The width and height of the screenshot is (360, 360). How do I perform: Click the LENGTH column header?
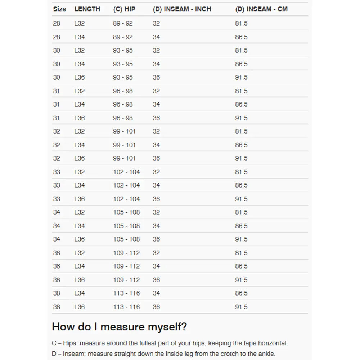pyautogui.click(x=87, y=9)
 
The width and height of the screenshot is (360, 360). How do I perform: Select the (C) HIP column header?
pyautogui.click(x=124, y=9)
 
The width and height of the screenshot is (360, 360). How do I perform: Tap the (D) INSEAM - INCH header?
pyautogui.click(x=182, y=9)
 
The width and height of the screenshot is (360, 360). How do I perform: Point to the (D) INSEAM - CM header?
pyautogui.click(x=261, y=9)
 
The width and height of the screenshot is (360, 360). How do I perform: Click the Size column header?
pyautogui.click(x=59, y=9)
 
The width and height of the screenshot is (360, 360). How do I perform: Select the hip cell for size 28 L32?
pyautogui.click(x=123, y=23)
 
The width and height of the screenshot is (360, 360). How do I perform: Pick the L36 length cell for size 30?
pyautogui.click(x=79, y=77)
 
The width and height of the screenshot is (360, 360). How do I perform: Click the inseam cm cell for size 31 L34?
pyautogui.click(x=241, y=104)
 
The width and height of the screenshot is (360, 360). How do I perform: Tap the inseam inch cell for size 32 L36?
pyautogui.click(x=156, y=158)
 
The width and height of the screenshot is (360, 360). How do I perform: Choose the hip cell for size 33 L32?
pyautogui.click(x=126, y=172)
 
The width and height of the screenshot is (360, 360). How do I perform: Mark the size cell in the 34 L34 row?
pyautogui.click(x=57, y=226)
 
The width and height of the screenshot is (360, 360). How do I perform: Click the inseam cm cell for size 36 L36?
pyautogui.click(x=241, y=280)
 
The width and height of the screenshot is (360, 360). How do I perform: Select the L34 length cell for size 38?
pyautogui.click(x=79, y=293)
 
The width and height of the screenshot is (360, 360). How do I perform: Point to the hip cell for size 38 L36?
pyautogui.click(x=126, y=307)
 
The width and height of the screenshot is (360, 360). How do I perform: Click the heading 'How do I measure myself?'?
pyautogui.click(x=119, y=327)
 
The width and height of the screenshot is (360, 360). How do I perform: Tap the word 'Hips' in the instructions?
pyautogui.click(x=70, y=343)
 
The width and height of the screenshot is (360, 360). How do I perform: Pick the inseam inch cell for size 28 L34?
pyautogui.click(x=156, y=37)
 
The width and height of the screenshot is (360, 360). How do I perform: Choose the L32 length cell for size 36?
pyautogui.click(x=79, y=253)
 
